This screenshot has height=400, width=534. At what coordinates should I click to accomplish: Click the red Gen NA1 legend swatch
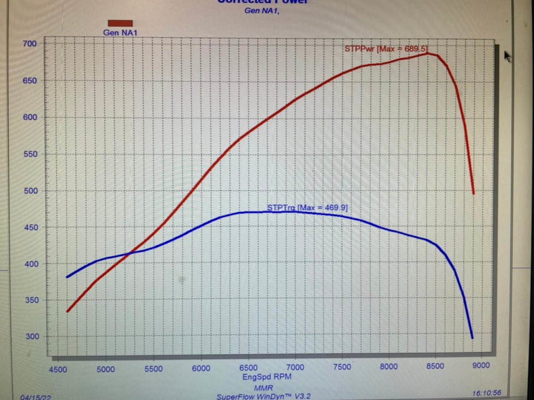[x=120, y=23]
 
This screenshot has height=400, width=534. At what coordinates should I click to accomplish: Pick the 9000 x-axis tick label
[x=481, y=366]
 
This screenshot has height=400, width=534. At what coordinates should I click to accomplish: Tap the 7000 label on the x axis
[x=295, y=367]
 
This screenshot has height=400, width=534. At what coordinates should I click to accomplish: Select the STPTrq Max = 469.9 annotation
[x=307, y=207]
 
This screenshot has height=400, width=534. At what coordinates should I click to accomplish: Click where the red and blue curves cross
[x=130, y=253]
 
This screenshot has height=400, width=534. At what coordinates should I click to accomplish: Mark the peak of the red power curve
[x=427, y=53]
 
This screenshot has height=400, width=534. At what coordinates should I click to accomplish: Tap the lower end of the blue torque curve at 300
[x=472, y=338]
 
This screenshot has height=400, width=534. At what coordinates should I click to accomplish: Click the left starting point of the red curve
[x=67, y=311]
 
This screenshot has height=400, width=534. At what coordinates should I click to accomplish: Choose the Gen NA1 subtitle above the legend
[x=262, y=11]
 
